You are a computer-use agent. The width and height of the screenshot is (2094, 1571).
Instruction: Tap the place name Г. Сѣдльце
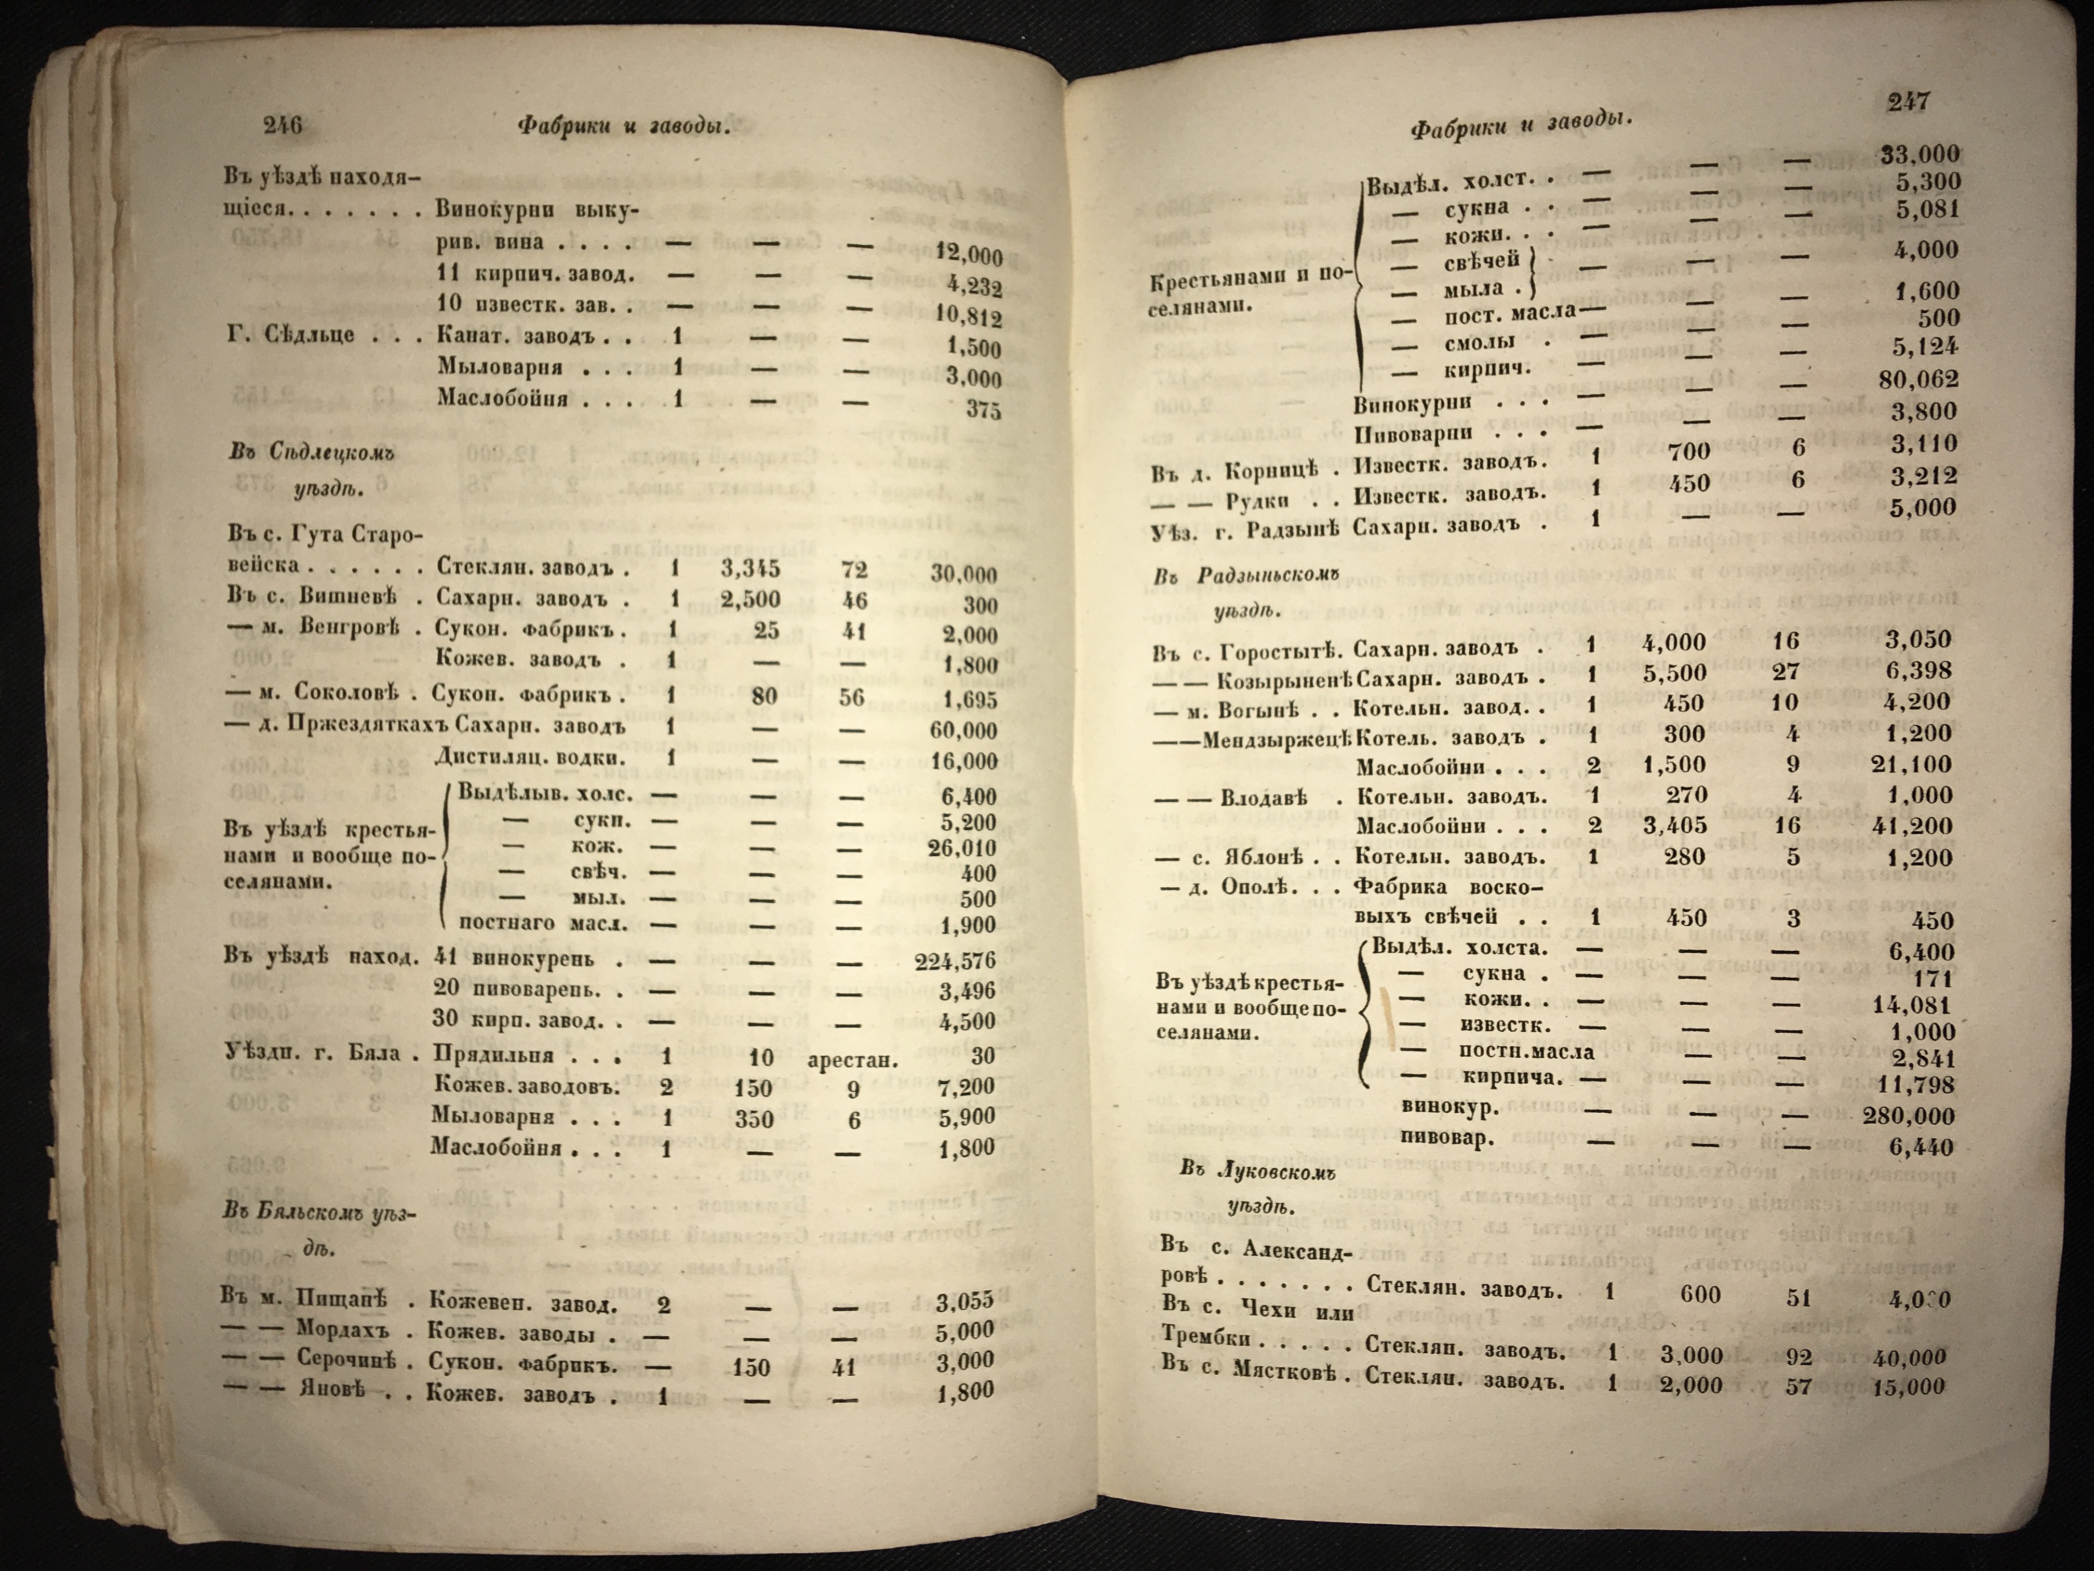pos(291,334)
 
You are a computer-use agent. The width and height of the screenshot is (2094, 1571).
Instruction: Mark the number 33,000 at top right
pos(1920,154)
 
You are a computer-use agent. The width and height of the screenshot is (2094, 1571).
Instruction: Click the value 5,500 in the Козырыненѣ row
pos(1674,673)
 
